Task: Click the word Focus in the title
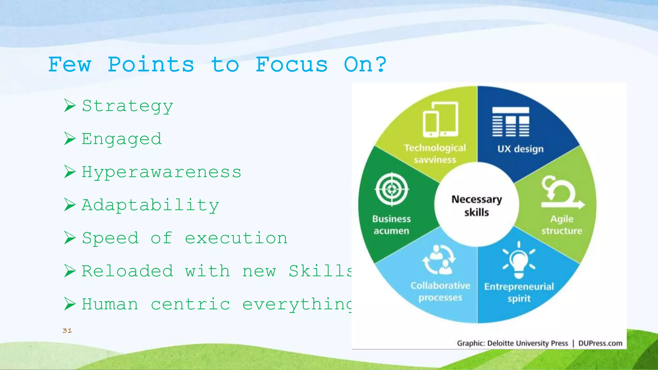(x=291, y=65)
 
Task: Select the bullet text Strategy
(x=127, y=106)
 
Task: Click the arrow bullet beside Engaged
(x=70, y=139)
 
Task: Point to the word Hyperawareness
(x=161, y=172)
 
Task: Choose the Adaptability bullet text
(x=150, y=205)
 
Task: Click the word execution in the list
(x=236, y=238)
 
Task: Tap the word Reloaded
(x=127, y=271)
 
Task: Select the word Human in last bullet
(x=110, y=304)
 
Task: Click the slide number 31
(x=67, y=330)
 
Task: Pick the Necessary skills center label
(x=476, y=206)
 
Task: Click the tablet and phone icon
(x=440, y=120)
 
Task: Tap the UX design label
(x=520, y=149)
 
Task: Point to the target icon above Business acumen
(x=392, y=189)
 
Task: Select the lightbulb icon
(x=519, y=260)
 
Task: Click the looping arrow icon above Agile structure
(x=561, y=193)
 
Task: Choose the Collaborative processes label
(x=440, y=292)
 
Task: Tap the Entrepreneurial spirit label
(x=519, y=292)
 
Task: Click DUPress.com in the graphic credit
(x=600, y=343)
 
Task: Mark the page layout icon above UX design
(x=511, y=122)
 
